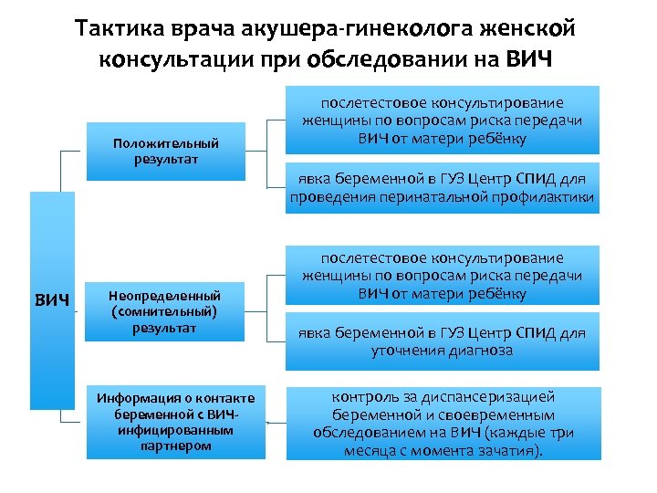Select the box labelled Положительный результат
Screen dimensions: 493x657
[x=166, y=151]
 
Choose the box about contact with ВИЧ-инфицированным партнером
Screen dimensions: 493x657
[x=177, y=421]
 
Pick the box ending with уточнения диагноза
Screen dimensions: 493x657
[x=443, y=341]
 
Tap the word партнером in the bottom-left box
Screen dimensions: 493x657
[x=177, y=446]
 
